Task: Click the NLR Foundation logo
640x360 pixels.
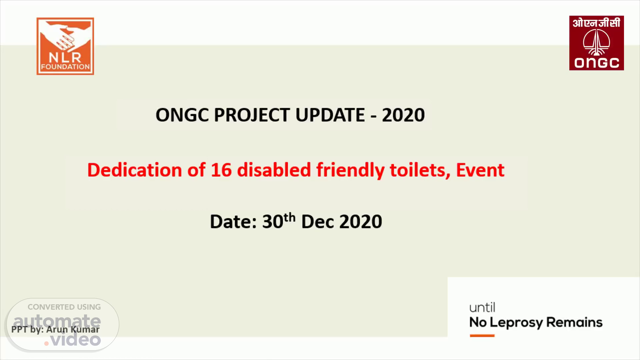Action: tap(65, 46)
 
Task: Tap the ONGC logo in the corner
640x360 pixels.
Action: tap(596, 43)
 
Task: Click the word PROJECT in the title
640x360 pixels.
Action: tap(252, 115)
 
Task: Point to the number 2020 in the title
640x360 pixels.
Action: tap(403, 115)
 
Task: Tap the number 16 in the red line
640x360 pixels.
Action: tap(221, 170)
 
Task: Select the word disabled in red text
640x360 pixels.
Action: tap(274, 170)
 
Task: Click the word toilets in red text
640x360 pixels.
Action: tap(418, 170)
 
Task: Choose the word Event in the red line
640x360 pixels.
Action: tap(480, 170)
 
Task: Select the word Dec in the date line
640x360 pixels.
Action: tap(318, 221)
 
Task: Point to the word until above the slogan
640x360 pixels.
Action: tap(482, 307)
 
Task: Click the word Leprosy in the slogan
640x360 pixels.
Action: tap(517, 323)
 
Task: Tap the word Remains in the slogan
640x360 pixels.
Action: tap(574, 322)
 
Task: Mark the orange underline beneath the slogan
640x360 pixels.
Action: tap(482, 336)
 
